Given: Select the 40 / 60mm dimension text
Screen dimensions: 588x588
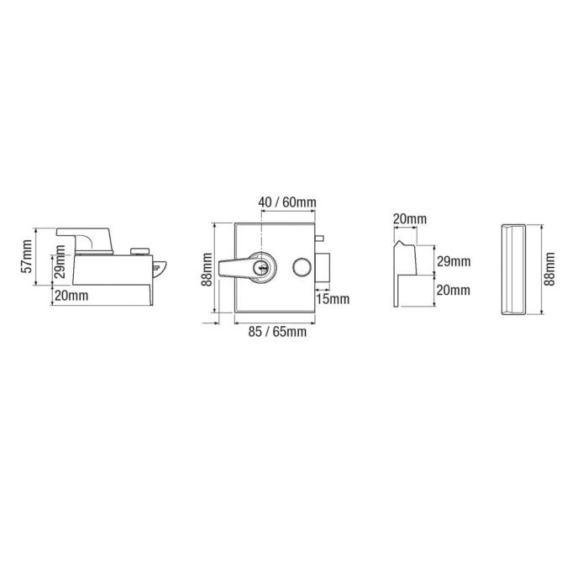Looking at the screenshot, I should [288, 203].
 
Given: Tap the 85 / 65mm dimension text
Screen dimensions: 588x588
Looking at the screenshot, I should [278, 333].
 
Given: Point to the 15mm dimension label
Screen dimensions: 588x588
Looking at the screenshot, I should [333, 298].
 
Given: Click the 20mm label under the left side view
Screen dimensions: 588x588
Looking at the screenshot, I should [71, 295].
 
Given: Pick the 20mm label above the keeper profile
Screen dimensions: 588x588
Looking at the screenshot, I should [409, 220].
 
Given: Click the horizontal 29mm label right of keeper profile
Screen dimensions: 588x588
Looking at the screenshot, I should [454, 262].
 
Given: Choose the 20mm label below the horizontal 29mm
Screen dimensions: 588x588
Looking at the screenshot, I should [454, 290].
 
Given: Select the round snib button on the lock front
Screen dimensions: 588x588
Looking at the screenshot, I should [298, 267].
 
